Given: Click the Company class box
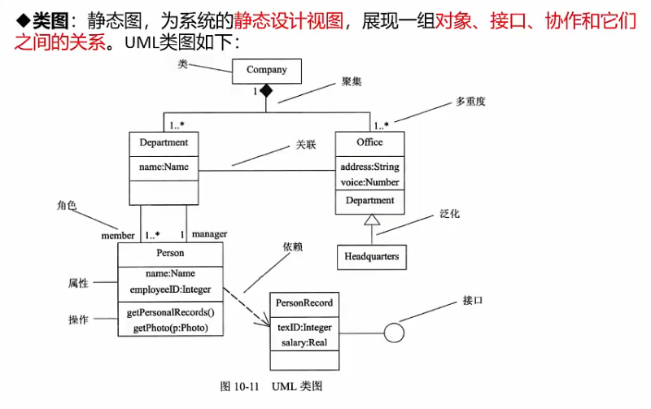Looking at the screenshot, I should pyautogui.click(x=266, y=71).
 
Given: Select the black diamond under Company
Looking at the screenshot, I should pyautogui.click(x=266, y=91).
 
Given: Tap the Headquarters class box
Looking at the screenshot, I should pyautogui.click(x=371, y=256).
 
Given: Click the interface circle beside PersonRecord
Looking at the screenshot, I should pyautogui.click(x=395, y=333).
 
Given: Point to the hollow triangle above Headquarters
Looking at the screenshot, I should pyautogui.click(x=371, y=220).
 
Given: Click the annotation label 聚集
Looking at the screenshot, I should pyautogui.click(x=352, y=81).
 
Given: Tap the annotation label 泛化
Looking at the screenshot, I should pyautogui.click(x=450, y=213).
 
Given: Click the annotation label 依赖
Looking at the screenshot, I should pyautogui.click(x=292, y=246).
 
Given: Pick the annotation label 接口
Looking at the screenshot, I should pyautogui.click(x=472, y=300).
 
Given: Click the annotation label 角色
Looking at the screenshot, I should pyautogui.click(x=67, y=207).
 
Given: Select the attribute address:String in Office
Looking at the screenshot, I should pyautogui.click(x=369, y=167).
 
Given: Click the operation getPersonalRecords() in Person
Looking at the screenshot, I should pyautogui.click(x=171, y=312).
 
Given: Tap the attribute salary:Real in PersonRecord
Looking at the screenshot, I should pyautogui.click(x=304, y=342).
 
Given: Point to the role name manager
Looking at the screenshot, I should pyautogui.click(x=209, y=234).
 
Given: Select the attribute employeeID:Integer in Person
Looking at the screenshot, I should pyautogui.click(x=170, y=289).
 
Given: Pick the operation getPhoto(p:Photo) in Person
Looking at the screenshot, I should pyautogui.click(x=171, y=328).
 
